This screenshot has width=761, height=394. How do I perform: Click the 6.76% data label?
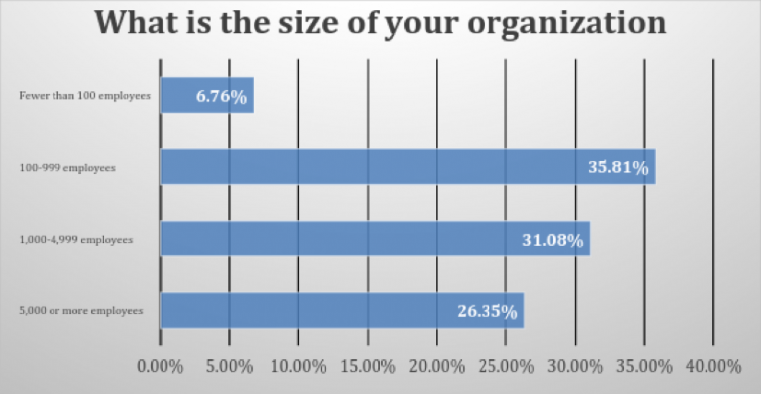click(x=221, y=97)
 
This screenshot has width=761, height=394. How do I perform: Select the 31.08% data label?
click(x=552, y=240)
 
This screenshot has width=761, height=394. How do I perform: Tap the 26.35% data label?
click(x=487, y=311)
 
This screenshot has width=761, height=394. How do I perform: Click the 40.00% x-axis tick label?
click(x=712, y=366)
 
